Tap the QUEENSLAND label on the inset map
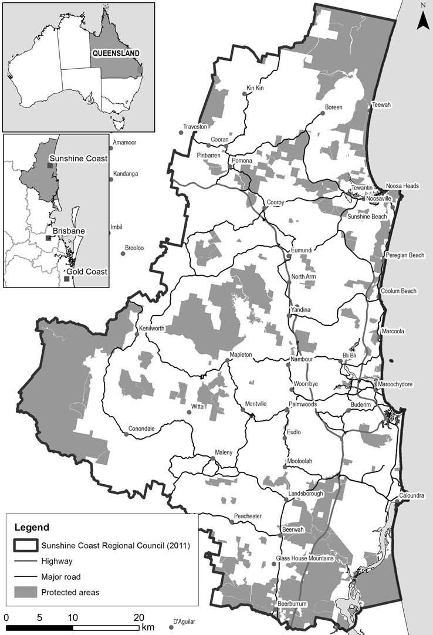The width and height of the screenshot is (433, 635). pos(116,53)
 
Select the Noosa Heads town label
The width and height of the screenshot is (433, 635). pos(402,186)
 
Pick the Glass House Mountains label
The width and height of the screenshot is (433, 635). pos(305,558)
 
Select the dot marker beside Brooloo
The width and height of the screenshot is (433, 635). pos(123,255)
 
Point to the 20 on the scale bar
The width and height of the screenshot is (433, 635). pos(138,617)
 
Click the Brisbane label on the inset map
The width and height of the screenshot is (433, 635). pos(69,231)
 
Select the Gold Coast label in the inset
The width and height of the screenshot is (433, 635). pos(86,271)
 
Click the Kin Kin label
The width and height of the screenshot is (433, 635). pos(255,89)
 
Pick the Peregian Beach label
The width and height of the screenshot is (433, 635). pos(405,255)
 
